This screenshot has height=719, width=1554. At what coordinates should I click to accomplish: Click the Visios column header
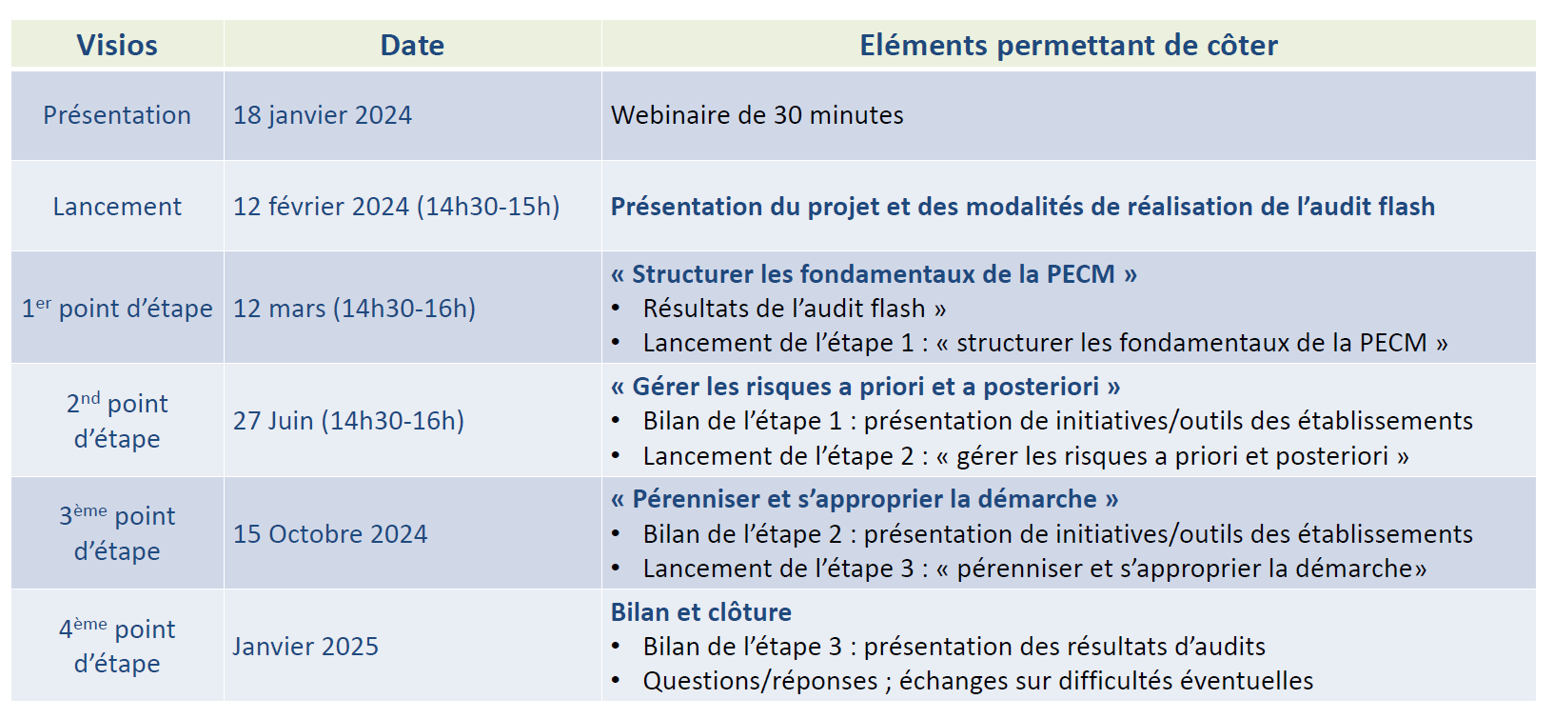(x=116, y=45)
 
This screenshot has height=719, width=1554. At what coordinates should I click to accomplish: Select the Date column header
(x=412, y=45)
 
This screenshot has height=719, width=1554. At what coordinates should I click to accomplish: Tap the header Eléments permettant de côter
(x=1069, y=45)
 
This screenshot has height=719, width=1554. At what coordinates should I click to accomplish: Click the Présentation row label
(x=116, y=115)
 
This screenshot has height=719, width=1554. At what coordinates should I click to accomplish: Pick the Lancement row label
(x=116, y=207)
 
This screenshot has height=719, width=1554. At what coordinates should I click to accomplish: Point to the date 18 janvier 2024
(x=323, y=115)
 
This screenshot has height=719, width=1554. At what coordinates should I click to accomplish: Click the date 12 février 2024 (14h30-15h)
(x=396, y=207)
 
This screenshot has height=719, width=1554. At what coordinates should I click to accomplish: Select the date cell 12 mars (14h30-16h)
(x=355, y=309)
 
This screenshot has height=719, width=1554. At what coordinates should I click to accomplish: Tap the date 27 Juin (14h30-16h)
(x=348, y=421)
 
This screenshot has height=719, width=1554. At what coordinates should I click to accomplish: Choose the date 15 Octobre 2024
(x=330, y=533)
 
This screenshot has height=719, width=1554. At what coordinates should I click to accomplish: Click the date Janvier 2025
(x=305, y=647)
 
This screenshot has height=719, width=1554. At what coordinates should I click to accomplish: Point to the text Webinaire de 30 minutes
(x=757, y=115)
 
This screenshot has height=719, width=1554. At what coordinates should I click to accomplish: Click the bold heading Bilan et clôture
(x=700, y=612)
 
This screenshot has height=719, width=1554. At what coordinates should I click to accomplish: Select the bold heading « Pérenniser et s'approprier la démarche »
(x=864, y=499)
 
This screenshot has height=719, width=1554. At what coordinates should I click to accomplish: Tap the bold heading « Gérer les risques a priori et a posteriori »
(x=865, y=387)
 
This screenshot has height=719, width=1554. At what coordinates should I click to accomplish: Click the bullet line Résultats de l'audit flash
(x=795, y=309)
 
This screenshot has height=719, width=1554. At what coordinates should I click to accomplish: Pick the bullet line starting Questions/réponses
(x=978, y=681)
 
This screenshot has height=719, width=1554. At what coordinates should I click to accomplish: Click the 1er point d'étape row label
(x=116, y=309)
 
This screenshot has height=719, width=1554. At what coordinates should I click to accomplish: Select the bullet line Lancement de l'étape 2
(x=1025, y=456)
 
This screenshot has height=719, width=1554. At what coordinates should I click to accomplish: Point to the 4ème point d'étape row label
(x=116, y=646)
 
